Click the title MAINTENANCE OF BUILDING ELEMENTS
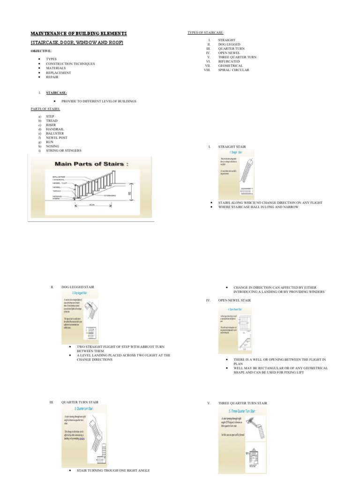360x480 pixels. [78, 34]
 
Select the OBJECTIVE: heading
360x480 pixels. [41, 50]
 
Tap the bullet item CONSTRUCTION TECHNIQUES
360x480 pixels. [70, 63]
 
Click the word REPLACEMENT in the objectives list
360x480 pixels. [58, 73]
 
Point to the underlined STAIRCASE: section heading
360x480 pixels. [56, 93]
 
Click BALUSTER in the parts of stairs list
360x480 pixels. [56, 133]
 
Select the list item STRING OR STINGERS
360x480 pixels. [63, 150]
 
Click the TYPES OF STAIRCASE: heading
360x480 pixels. [205, 32]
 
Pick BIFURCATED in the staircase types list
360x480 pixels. [229, 61]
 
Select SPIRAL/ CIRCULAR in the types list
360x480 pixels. [233, 70]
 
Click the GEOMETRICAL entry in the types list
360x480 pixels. [230, 66]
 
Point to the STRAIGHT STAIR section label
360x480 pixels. [232, 147]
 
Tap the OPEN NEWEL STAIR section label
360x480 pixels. [234, 300]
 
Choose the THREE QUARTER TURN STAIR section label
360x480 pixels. [242, 403]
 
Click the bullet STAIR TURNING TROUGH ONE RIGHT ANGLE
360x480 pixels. [113, 470]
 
